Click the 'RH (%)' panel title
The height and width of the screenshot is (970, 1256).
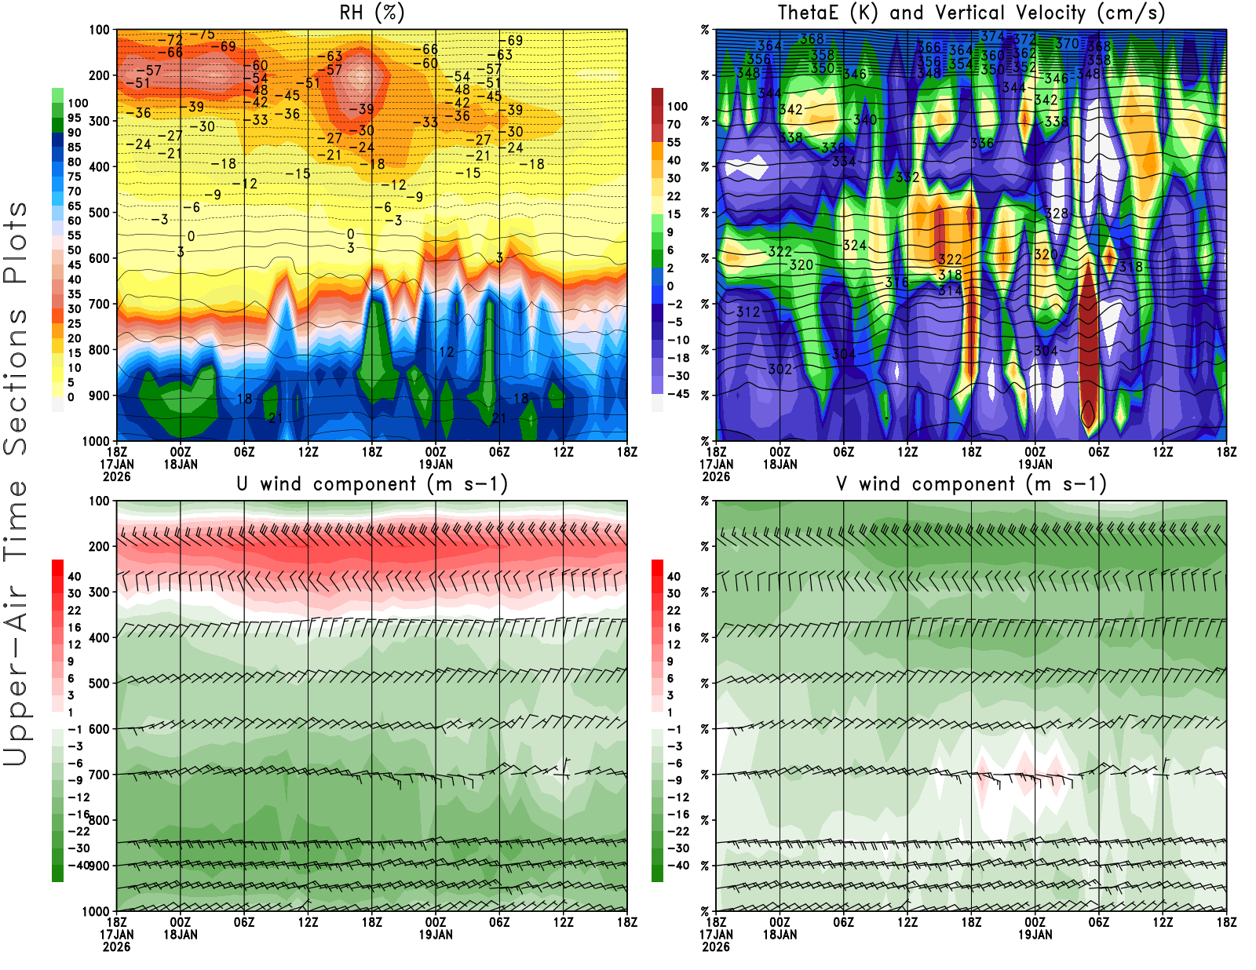click(x=372, y=13)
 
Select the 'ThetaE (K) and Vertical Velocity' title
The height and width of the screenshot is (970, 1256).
click(x=971, y=13)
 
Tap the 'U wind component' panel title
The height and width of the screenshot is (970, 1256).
click(x=372, y=484)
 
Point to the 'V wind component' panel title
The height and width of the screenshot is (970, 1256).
click(x=971, y=484)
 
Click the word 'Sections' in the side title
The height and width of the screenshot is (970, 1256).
click(x=16, y=381)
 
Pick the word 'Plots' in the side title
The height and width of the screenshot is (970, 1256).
click(x=16, y=243)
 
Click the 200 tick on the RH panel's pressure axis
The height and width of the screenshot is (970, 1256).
click(x=100, y=75)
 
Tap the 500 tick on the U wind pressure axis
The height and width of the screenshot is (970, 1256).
click(x=100, y=684)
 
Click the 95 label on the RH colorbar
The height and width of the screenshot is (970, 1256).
click(x=75, y=118)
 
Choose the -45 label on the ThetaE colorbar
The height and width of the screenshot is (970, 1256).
click(x=677, y=394)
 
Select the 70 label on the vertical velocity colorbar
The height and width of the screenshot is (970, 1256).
click(x=674, y=124)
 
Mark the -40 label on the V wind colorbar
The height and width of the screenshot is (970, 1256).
click(x=677, y=866)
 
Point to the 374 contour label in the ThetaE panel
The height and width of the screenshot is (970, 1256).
click(x=992, y=36)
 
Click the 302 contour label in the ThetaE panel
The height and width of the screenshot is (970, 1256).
click(x=780, y=369)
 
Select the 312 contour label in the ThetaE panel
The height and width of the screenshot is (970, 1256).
click(x=748, y=312)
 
